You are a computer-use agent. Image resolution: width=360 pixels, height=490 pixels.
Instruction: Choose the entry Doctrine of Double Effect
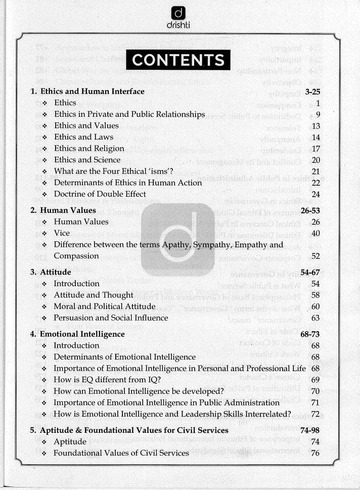[x=100, y=194]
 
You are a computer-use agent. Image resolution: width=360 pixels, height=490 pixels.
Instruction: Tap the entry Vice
[x=63, y=233]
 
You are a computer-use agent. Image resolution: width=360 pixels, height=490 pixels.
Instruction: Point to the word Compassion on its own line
[x=76, y=256]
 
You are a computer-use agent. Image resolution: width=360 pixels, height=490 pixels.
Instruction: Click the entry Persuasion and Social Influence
[x=111, y=318]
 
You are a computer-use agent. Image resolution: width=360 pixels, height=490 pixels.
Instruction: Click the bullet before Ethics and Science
[x=45, y=160]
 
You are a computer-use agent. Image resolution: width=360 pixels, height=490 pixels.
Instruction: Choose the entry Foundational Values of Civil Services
[x=121, y=453]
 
